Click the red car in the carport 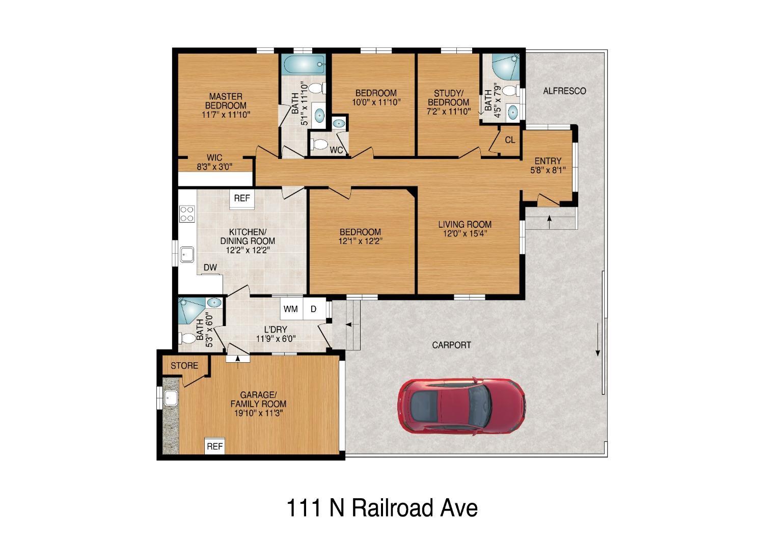click(x=461, y=406)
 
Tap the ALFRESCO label click(x=564, y=91)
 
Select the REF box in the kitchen click(x=242, y=199)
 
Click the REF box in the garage click(x=214, y=447)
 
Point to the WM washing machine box click(x=291, y=309)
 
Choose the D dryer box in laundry click(x=314, y=309)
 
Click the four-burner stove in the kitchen click(x=187, y=213)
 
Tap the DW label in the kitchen click(x=210, y=267)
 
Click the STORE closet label click(x=184, y=366)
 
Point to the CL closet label click(x=510, y=140)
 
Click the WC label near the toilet click(x=336, y=150)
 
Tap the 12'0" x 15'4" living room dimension click(x=465, y=234)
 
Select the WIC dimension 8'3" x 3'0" click(x=214, y=166)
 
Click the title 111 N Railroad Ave click(x=382, y=508)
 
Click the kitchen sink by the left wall click(x=187, y=253)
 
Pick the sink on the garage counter click(x=170, y=397)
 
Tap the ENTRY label click(x=548, y=161)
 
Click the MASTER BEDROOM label click(x=226, y=101)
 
